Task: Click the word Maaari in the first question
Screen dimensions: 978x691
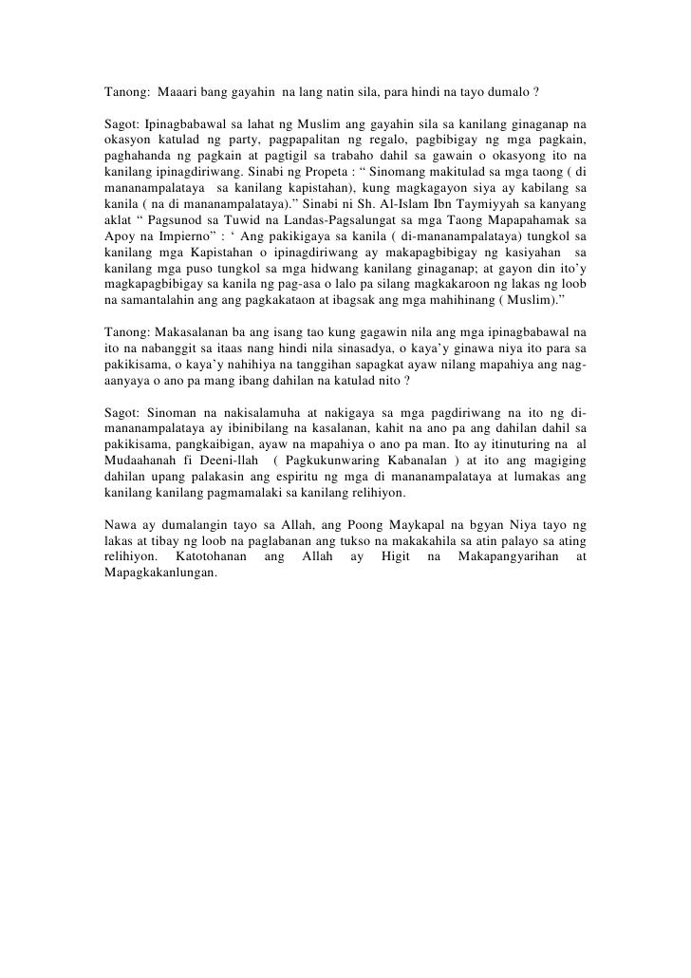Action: tap(178, 94)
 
